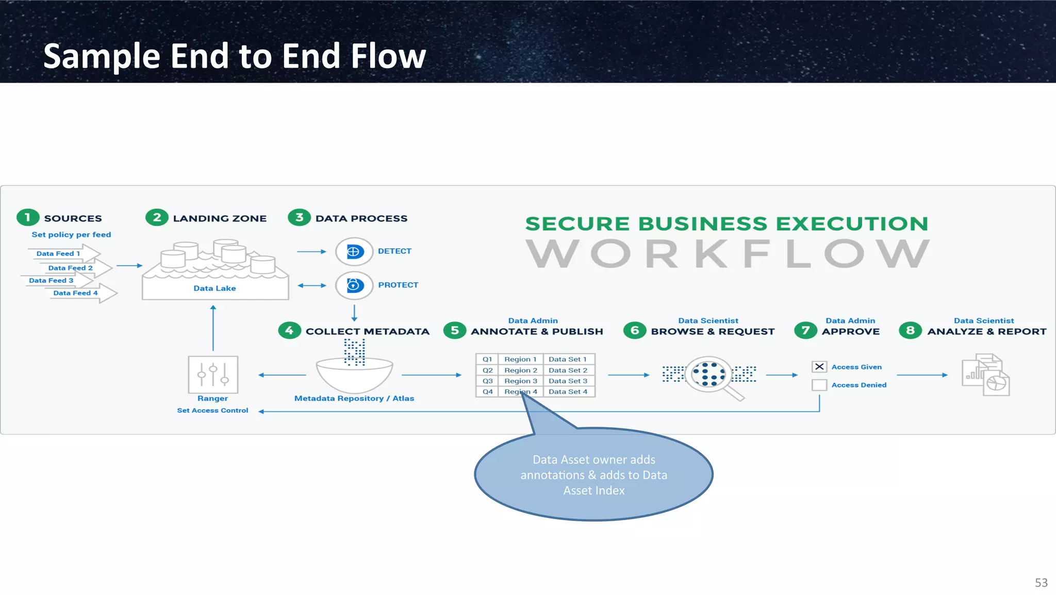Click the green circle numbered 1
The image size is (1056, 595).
(x=28, y=218)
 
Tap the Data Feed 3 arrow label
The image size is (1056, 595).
(x=51, y=280)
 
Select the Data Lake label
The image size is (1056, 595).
(x=214, y=288)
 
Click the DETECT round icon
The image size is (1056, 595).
(x=354, y=251)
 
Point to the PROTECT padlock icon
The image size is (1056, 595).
(x=354, y=285)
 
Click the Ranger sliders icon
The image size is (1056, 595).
(x=213, y=375)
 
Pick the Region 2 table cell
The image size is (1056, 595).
(x=520, y=370)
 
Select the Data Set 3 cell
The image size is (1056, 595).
(x=568, y=381)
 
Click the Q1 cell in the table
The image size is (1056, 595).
(x=487, y=359)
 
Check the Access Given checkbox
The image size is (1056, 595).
(x=819, y=366)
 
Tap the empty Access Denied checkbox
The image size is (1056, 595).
(x=819, y=385)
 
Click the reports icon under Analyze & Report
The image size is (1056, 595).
(x=985, y=375)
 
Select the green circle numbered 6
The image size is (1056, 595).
(x=635, y=330)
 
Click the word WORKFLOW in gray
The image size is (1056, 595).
(x=728, y=254)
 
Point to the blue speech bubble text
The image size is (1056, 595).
(x=593, y=475)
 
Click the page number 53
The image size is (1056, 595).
(x=1041, y=583)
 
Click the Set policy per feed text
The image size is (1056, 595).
(x=71, y=234)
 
